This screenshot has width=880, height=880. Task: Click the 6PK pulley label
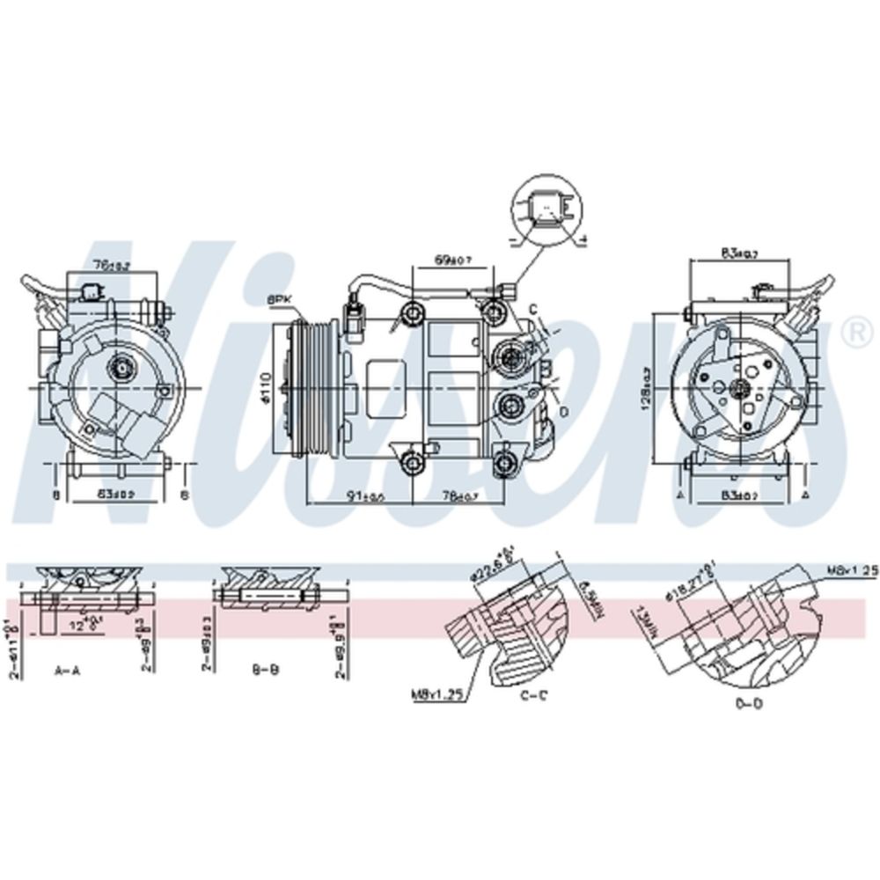click(280, 300)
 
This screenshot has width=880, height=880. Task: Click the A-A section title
click(68, 671)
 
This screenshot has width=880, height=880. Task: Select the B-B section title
click(266, 671)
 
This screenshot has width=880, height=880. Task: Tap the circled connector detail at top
click(546, 210)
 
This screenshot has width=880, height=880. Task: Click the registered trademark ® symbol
click(852, 332)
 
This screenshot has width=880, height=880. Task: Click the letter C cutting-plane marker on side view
click(532, 307)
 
